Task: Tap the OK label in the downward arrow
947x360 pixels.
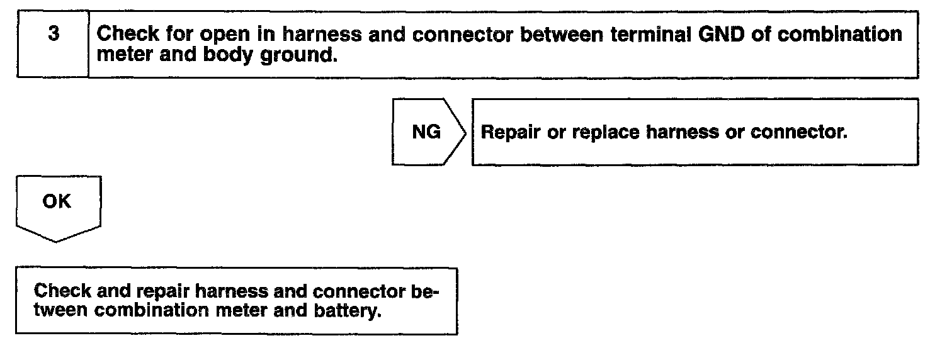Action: (57, 202)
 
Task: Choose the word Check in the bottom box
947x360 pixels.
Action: (61, 292)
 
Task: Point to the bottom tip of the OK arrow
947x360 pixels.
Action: (57, 241)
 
